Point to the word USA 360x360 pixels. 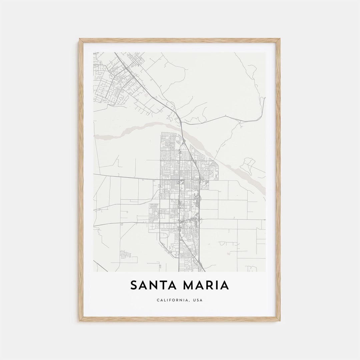coord(197,300)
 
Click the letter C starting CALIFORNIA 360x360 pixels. coord(158,300)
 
